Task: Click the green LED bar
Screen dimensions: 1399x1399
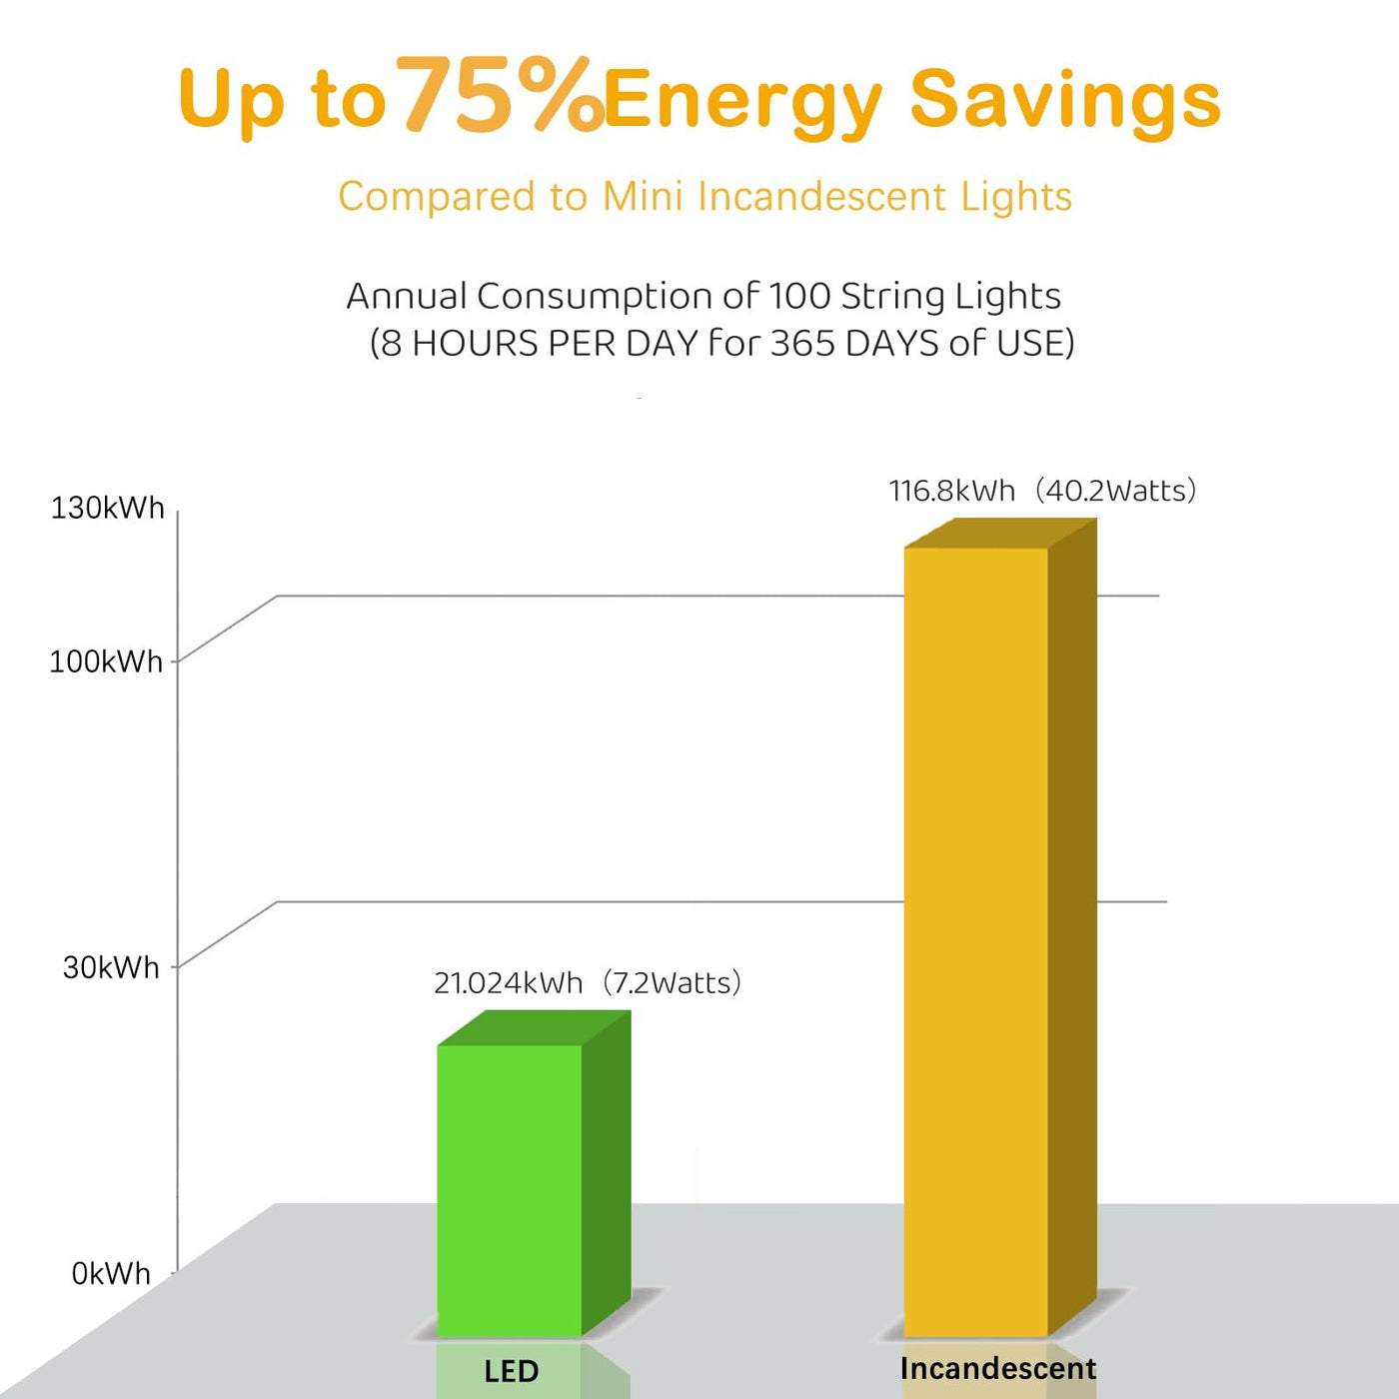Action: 510,1189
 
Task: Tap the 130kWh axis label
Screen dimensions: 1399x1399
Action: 107,508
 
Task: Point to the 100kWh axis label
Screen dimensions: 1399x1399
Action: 106,662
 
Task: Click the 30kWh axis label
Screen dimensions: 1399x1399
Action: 111,967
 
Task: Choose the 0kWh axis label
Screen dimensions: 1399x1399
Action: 111,1274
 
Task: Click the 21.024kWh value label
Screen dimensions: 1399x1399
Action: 508,983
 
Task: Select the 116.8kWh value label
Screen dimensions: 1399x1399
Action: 951,491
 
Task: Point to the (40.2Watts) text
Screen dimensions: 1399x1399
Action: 1115,491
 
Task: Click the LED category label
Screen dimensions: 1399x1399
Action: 512,1371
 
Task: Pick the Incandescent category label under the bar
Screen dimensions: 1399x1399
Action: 997,1368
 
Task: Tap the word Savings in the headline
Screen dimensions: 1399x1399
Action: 1065,100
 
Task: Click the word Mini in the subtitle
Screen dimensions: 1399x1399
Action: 643,196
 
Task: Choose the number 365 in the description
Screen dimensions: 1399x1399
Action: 802,343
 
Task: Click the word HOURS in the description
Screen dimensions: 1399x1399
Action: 475,343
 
